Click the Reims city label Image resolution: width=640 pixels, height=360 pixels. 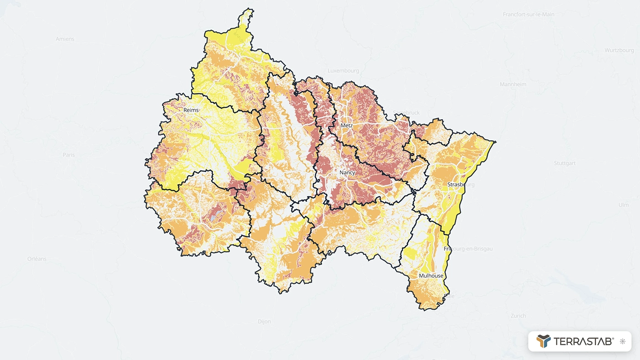[191, 110]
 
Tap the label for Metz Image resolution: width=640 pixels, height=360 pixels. [347, 125]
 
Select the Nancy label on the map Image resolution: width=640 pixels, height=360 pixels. [347, 173]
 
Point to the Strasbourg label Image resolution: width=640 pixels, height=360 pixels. [461, 185]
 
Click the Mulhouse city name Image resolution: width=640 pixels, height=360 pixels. [431, 276]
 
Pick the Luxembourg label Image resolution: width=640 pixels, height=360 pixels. [343, 71]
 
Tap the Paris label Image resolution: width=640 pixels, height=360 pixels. [69, 155]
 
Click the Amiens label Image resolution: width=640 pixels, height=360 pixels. [65, 39]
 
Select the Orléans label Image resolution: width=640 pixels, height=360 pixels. [37, 259]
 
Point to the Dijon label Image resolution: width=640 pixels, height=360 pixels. [264, 322]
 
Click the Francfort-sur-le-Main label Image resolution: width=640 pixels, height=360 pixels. [528, 15]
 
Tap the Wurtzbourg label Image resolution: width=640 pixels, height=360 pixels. [619, 50]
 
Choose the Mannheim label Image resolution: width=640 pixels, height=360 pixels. [513, 85]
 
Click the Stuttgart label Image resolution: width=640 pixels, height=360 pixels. [565, 163]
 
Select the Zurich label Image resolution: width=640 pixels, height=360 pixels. [518, 316]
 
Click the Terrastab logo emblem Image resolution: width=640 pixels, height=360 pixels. [544, 341]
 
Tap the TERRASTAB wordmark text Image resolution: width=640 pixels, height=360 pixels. [583, 341]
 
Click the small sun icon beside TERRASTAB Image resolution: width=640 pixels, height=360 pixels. [622, 341]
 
